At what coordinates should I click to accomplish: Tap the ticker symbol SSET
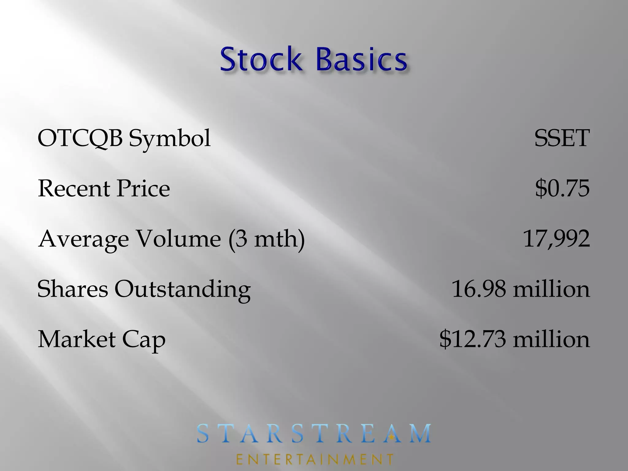point(561,138)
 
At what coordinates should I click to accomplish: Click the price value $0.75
point(562,188)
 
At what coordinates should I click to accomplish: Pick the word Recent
point(74,188)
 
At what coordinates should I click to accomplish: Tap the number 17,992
point(556,239)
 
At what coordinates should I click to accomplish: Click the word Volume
point(178,239)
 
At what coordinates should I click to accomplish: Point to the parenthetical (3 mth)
point(266,239)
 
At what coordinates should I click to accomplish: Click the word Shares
point(72,289)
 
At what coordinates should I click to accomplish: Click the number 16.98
point(479,289)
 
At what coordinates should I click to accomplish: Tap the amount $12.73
point(473,339)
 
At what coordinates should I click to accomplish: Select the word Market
point(77,339)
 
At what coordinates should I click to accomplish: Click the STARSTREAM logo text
point(314,433)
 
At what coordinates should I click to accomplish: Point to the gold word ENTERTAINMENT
point(315,459)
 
